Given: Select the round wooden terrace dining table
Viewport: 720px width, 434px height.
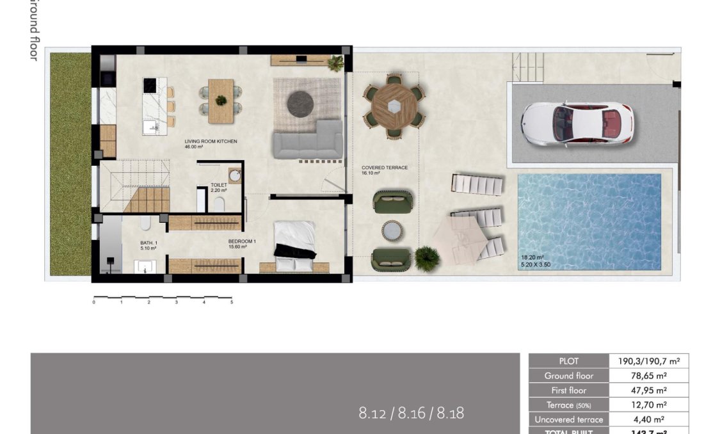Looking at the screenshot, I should [x=393, y=102].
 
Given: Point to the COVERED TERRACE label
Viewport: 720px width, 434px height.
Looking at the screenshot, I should [x=384, y=168].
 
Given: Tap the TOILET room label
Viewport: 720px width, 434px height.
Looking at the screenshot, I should [x=219, y=185].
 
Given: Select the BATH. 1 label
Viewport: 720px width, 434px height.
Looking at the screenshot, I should [x=148, y=243].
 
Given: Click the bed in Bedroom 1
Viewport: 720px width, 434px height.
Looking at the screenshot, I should [x=294, y=239].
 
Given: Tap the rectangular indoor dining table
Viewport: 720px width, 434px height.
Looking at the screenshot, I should [x=221, y=100].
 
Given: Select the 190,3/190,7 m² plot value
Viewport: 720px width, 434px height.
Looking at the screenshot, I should [x=648, y=361].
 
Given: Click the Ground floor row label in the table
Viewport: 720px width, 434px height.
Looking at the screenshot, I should [x=568, y=376].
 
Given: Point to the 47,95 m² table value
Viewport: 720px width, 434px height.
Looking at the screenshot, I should [x=648, y=390].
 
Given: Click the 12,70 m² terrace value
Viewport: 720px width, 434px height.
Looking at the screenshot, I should [x=648, y=405].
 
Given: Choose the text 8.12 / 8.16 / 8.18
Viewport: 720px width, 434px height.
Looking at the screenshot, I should [x=411, y=414].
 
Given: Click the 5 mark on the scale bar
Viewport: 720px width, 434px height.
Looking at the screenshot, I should [x=232, y=302].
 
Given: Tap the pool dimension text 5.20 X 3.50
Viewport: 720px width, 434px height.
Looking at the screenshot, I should [x=535, y=264].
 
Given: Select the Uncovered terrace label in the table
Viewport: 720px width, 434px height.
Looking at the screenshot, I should [x=568, y=420].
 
